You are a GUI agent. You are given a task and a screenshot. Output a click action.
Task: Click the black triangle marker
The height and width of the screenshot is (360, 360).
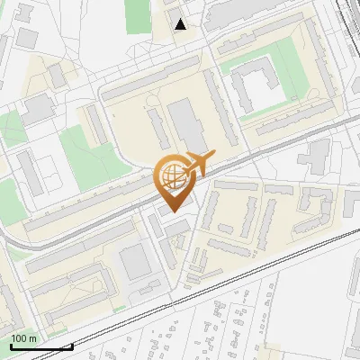[181, 24]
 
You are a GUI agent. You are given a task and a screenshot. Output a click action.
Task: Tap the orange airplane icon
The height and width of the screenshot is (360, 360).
[201, 163]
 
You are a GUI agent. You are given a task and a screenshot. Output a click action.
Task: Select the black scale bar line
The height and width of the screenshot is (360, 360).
[40, 346]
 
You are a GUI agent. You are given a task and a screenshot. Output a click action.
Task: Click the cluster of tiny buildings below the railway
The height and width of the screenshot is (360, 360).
[225, 324]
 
